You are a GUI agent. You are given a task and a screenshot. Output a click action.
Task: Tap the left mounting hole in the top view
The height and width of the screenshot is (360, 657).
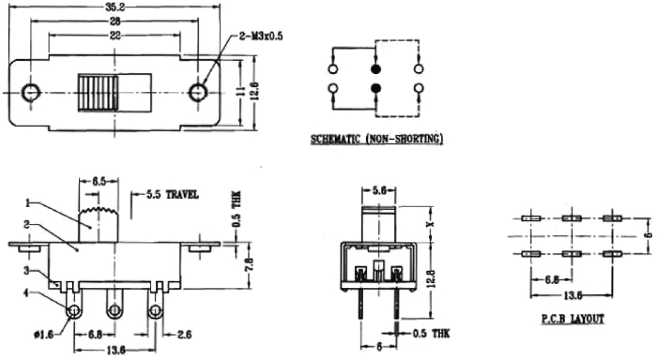click(30, 92)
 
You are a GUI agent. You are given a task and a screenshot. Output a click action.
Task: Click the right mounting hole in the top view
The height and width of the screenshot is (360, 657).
click(197, 92)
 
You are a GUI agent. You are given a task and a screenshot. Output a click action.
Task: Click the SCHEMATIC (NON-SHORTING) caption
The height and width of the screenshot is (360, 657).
click(376, 140)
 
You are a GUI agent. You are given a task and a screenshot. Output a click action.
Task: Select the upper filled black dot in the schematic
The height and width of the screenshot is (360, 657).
click(376, 69)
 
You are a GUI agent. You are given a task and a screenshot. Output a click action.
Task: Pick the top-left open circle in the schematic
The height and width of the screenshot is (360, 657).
click(333, 69)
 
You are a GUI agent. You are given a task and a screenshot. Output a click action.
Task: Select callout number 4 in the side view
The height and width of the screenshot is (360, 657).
click(27, 292)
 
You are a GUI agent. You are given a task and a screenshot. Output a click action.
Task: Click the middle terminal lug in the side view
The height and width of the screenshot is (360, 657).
click(113, 310)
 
